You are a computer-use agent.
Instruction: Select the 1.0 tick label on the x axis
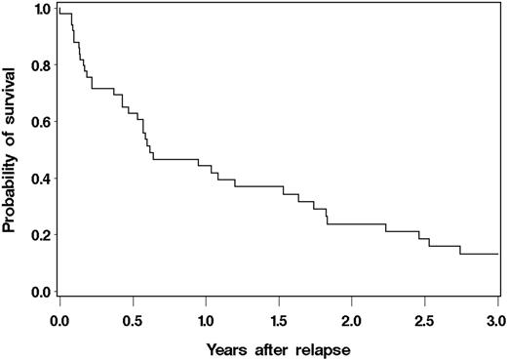(206, 319)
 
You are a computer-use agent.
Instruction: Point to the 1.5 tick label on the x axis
(279, 319)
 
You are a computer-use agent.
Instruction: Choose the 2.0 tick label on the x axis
(351, 319)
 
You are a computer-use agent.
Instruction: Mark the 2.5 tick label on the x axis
(424, 319)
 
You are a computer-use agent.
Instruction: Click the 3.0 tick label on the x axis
(496, 319)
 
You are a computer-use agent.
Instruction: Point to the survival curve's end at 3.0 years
(497, 254)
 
